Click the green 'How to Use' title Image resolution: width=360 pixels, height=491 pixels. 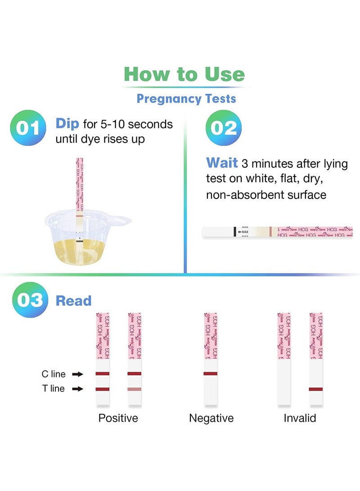184,74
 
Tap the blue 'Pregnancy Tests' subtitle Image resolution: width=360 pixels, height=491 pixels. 186,98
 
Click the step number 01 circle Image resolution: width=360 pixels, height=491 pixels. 28,128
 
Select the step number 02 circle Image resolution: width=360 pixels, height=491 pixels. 224,128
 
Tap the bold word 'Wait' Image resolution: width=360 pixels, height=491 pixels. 222,163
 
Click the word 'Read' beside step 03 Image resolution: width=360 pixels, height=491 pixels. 73,301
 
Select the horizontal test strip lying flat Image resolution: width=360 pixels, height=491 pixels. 277,232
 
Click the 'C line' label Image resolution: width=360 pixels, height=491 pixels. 54,374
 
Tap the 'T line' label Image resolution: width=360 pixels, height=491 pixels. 54,389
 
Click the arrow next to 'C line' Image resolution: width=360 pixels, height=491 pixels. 78,374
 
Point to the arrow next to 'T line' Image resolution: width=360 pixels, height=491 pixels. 78,389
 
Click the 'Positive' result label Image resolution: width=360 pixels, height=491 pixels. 118,418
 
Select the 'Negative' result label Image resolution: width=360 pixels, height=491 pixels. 211,418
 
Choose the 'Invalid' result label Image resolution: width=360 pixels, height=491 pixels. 300,418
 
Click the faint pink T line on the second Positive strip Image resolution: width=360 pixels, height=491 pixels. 135,389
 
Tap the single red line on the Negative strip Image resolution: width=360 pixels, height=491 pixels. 211,374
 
